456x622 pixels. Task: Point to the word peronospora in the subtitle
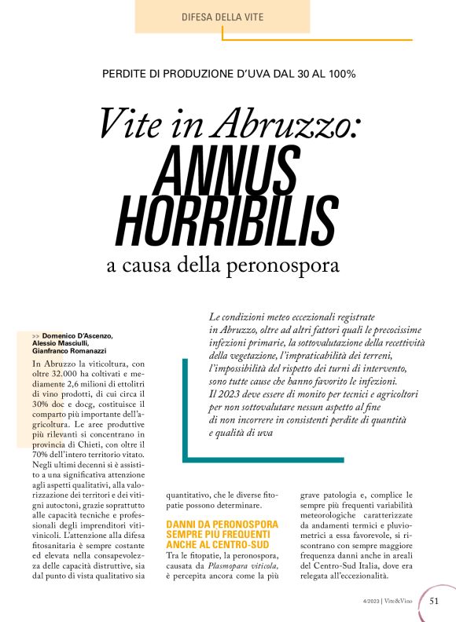click(x=284, y=264)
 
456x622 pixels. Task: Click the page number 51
click(x=435, y=601)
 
